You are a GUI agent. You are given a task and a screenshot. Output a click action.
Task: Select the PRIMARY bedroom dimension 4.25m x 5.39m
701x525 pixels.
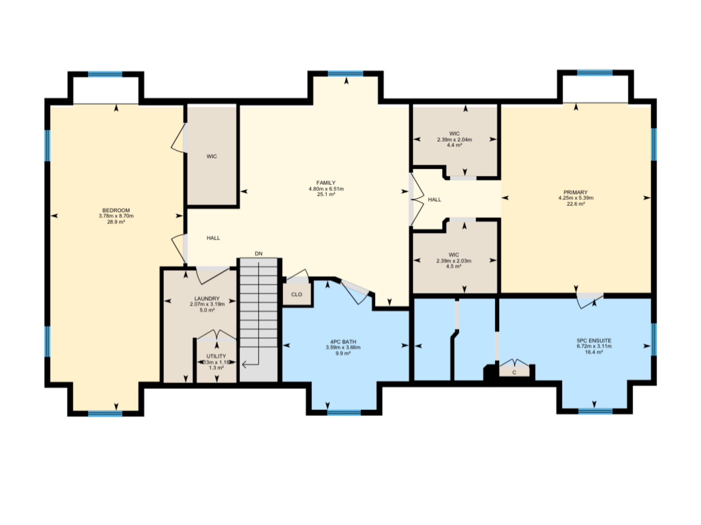click(576, 198)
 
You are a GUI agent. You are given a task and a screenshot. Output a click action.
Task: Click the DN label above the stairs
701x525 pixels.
click(259, 254)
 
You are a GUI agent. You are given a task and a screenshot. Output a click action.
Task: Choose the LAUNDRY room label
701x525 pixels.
click(207, 299)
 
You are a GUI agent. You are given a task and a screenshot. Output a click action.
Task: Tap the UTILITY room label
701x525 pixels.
click(216, 356)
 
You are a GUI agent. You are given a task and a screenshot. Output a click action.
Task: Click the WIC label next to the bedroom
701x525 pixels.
click(212, 156)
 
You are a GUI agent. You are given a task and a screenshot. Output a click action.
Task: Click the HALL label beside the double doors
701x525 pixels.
click(434, 200)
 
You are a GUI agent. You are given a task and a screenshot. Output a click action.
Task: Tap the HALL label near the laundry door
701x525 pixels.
click(213, 238)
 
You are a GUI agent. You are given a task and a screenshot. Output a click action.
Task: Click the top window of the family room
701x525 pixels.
click(345, 74)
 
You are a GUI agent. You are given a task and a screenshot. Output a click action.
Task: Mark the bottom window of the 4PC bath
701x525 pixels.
click(344, 412)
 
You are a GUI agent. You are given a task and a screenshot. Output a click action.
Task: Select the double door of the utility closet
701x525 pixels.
click(216, 335)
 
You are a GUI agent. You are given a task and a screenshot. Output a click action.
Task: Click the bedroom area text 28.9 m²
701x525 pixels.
click(116, 222)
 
